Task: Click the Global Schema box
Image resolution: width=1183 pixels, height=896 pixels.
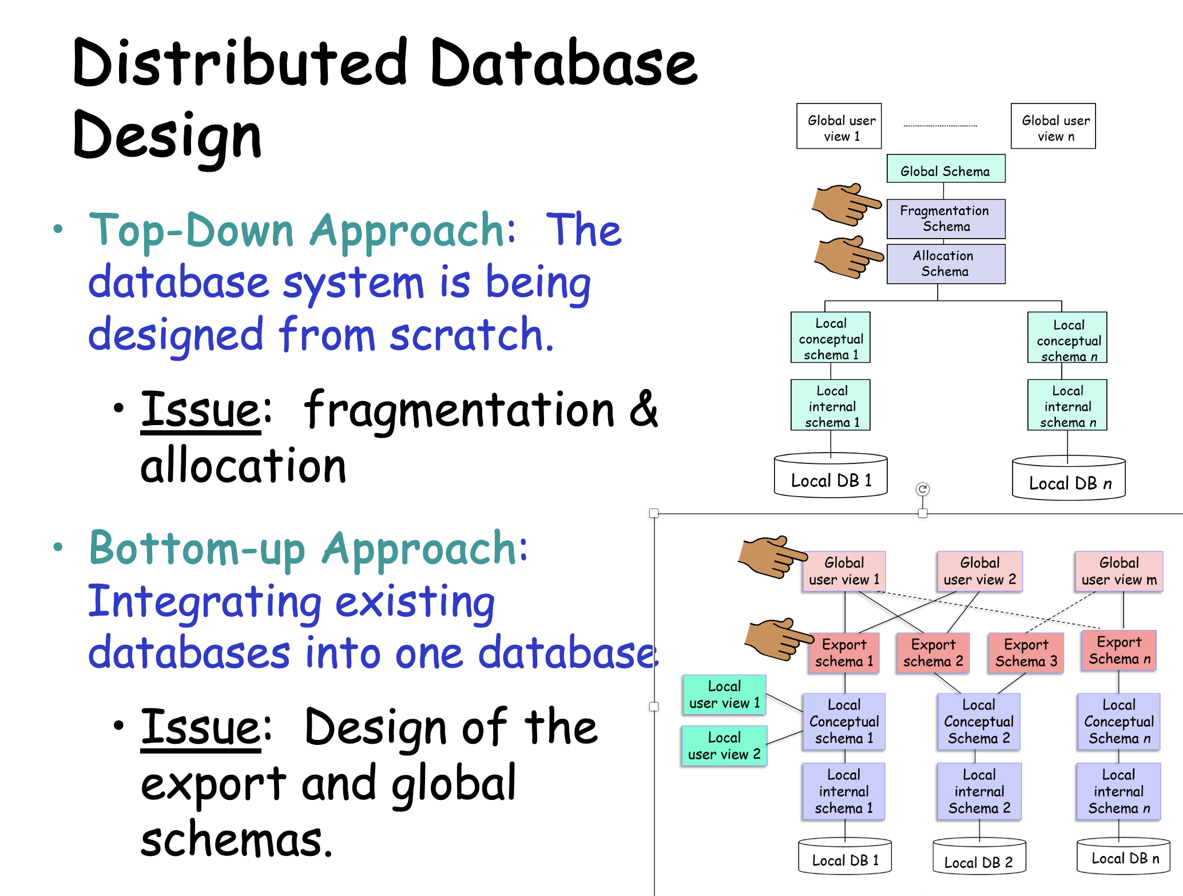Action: click(x=946, y=169)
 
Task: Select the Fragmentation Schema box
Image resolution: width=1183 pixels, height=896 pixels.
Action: click(x=946, y=219)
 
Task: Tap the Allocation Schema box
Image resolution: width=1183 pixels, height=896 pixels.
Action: click(x=946, y=264)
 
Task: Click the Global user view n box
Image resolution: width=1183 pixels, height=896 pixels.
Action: click(x=1053, y=126)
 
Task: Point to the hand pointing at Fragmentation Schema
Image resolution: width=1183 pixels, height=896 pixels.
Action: click(x=845, y=204)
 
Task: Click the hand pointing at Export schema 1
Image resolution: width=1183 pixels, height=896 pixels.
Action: click(x=777, y=639)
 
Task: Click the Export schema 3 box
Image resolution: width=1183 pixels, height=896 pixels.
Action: click(x=1026, y=653)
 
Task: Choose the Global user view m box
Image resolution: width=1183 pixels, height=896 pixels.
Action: click(x=1118, y=571)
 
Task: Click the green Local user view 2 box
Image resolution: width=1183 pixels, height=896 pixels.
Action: click(x=724, y=746)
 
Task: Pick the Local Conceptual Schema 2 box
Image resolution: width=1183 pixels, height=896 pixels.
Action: click(x=978, y=721)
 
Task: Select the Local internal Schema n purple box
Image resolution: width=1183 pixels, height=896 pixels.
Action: click(x=1118, y=791)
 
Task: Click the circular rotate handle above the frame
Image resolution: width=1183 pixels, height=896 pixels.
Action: click(x=922, y=489)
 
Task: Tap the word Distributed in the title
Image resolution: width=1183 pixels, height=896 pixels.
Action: click(x=240, y=63)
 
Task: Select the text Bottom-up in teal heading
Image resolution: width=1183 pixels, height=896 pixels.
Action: click(x=197, y=549)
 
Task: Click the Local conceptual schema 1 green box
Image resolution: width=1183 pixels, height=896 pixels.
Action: click(x=830, y=338)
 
